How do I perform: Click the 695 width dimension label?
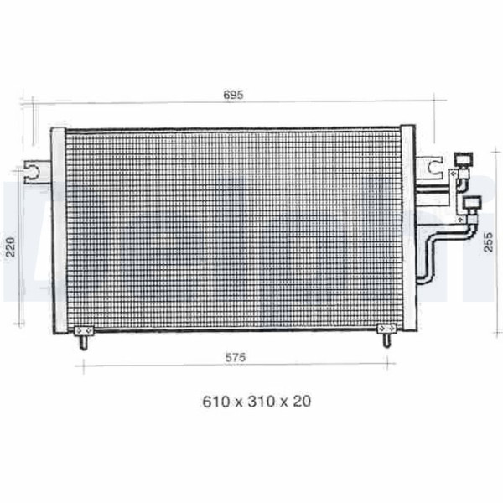233,95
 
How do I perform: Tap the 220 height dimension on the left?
11,246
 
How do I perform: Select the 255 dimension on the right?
488,241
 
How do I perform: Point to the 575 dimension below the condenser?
236,357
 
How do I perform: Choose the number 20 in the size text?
302,402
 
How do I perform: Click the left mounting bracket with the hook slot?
37,172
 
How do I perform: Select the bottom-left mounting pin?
84,343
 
